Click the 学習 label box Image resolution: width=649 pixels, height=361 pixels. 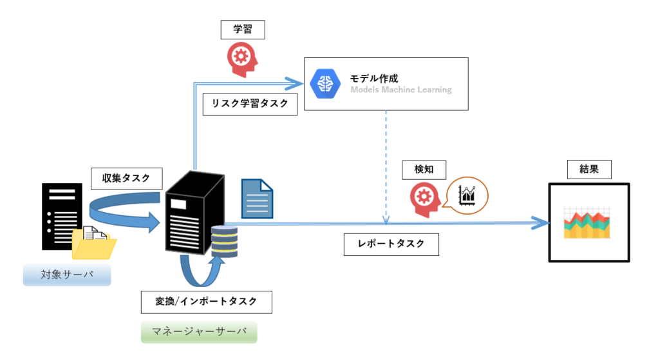pos(243,30)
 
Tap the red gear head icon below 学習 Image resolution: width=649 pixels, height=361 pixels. pos(242,59)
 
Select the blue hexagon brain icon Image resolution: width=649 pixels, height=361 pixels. pos(325,84)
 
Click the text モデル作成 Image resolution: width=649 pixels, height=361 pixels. pos(373,79)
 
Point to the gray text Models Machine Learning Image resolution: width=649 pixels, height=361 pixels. pos(401,90)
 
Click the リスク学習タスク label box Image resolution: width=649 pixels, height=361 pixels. pos(250,104)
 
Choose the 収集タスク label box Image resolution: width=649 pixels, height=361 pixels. pos(126,179)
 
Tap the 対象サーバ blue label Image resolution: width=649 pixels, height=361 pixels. pos(67,275)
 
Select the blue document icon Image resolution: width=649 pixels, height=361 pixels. pos(257,199)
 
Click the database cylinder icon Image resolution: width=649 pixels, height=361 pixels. pos(224,242)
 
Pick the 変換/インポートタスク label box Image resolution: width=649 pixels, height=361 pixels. pos(207,302)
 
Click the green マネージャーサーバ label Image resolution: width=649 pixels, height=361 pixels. pos(199,332)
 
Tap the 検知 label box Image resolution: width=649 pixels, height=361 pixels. pos(424,170)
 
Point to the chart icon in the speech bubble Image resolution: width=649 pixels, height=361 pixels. pos(467,195)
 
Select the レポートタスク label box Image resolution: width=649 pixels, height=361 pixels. pos(391,244)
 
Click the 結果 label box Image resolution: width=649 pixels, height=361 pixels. pos(589,170)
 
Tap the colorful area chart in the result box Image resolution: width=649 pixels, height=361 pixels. pos(587,223)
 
